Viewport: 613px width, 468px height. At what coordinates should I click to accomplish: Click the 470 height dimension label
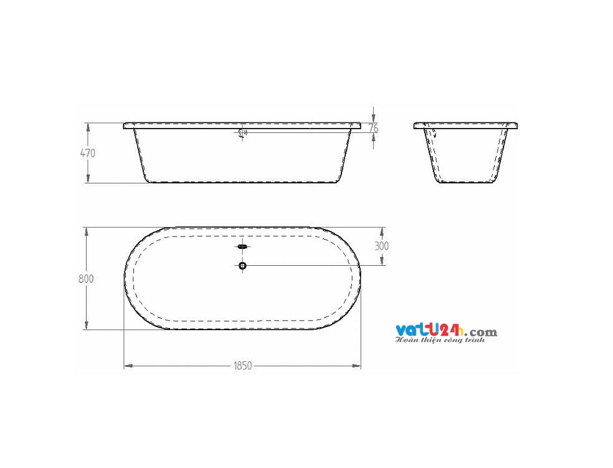tap(87, 153)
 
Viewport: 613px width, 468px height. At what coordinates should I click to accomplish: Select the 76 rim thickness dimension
tap(373, 127)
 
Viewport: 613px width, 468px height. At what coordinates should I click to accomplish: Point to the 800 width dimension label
tap(86, 279)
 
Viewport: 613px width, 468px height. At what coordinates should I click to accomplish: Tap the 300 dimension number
tap(381, 246)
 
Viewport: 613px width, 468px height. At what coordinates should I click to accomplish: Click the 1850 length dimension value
tap(243, 366)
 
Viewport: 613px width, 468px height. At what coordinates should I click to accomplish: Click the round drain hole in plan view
tap(242, 266)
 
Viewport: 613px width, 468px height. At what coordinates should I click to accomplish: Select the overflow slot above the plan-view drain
tap(242, 247)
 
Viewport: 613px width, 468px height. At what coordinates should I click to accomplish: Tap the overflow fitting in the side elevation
tap(243, 132)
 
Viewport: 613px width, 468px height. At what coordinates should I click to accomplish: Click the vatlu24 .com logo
tap(445, 331)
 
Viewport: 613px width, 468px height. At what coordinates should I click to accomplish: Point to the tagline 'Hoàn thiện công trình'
tap(440, 341)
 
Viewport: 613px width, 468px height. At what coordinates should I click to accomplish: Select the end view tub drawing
tap(465, 153)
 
